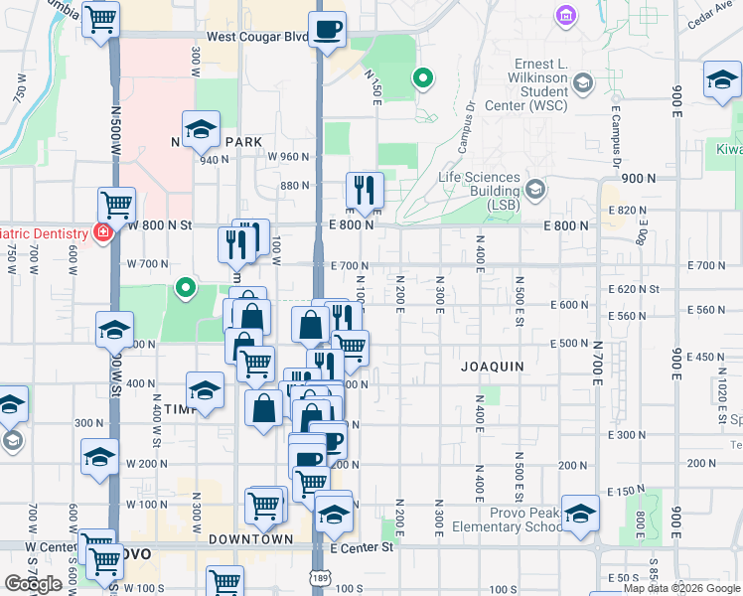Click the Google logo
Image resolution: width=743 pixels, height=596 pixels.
pyautogui.click(x=33, y=584)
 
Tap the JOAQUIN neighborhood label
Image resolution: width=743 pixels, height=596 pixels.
pyautogui.click(x=492, y=367)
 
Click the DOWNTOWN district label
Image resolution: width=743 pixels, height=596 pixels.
pyautogui.click(x=250, y=539)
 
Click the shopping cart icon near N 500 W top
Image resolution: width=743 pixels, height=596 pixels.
pyautogui.click(x=100, y=19)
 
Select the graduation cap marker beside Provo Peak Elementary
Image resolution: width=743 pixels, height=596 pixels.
pyautogui.click(x=581, y=513)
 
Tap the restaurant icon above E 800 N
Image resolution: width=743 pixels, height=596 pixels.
pyautogui.click(x=365, y=189)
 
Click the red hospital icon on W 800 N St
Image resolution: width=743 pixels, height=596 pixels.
pyautogui.click(x=101, y=232)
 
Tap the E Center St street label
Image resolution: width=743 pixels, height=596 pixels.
pyautogui.click(x=363, y=547)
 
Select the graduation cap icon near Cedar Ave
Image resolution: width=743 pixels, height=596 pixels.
pyautogui.click(x=722, y=79)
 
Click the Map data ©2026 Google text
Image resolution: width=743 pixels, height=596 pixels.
pyautogui.click(x=681, y=588)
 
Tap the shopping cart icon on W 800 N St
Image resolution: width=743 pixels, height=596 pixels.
pyautogui.click(x=116, y=206)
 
